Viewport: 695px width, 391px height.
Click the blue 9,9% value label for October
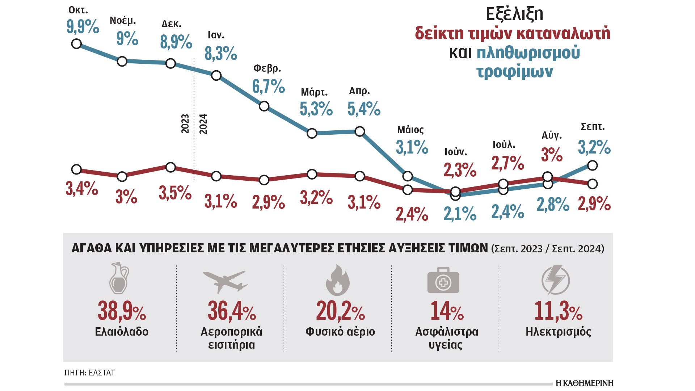[83, 27]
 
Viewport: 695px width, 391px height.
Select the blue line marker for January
[216, 75]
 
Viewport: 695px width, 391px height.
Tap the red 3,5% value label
[175, 193]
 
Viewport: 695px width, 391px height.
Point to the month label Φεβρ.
[267, 68]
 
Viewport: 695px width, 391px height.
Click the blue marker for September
[592, 165]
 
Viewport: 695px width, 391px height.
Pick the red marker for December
[170, 167]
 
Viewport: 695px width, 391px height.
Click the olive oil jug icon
[119, 278]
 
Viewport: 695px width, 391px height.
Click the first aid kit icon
[443, 280]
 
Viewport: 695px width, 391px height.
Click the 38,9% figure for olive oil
[122, 311]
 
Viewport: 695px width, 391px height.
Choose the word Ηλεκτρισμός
[558, 332]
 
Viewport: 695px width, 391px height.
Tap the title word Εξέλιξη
[514, 14]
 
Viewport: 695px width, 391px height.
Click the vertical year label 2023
[185, 124]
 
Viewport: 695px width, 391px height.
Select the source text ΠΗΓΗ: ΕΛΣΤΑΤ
[90, 373]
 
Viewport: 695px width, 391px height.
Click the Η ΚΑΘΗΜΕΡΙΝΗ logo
[584, 383]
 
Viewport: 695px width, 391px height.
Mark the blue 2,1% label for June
[460, 214]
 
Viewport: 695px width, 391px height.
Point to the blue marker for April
[359, 131]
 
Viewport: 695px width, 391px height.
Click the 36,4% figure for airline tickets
[232, 311]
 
